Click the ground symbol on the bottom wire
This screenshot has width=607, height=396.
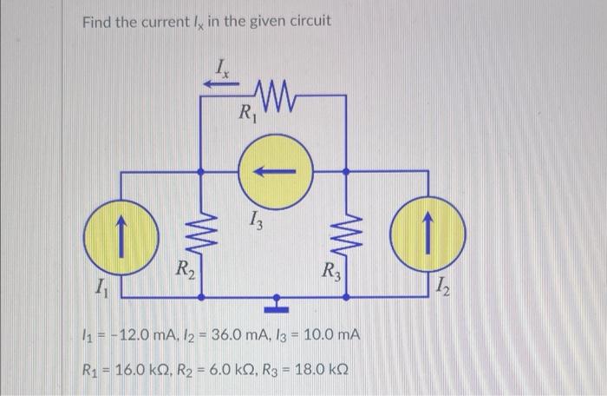click(x=277, y=303)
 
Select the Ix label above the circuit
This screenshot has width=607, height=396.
click(x=223, y=66)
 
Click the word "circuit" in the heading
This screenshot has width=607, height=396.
click(x=304, y=21)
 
